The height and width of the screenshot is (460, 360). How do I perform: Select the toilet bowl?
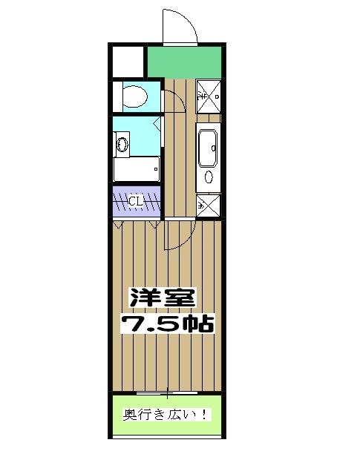(x=137, y=97)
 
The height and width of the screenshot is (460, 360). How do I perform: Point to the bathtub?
(x=136, y=169)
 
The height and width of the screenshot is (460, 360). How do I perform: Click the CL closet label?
(x=137, y=201)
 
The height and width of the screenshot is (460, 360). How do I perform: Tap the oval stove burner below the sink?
(x=209, y=177)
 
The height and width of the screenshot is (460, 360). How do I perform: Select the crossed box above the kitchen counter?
(x=208, y=96)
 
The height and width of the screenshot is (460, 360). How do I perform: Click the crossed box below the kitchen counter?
(x=209, y=205)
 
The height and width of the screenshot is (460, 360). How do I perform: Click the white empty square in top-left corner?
(x=128, y=59)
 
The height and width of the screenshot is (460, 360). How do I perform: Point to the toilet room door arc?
(x=171, y=99)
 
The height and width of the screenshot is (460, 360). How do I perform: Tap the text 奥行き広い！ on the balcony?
(x=166, y=415)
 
